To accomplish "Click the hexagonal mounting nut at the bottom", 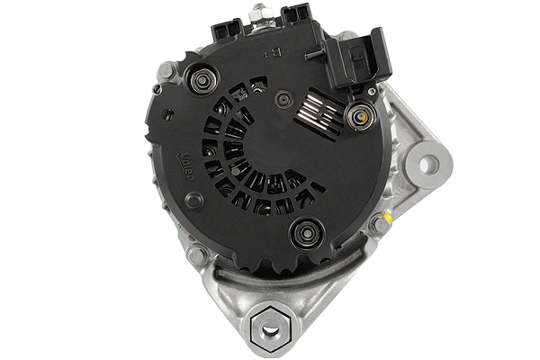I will [x=271, y=329].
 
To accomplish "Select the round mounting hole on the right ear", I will [x=430, y=163].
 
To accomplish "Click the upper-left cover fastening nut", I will [x=200, y=82].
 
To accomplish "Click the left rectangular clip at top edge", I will [x=224, y=27].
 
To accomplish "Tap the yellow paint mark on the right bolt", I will [x=388, y=219].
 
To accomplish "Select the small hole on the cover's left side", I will [x=168, y=113].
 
